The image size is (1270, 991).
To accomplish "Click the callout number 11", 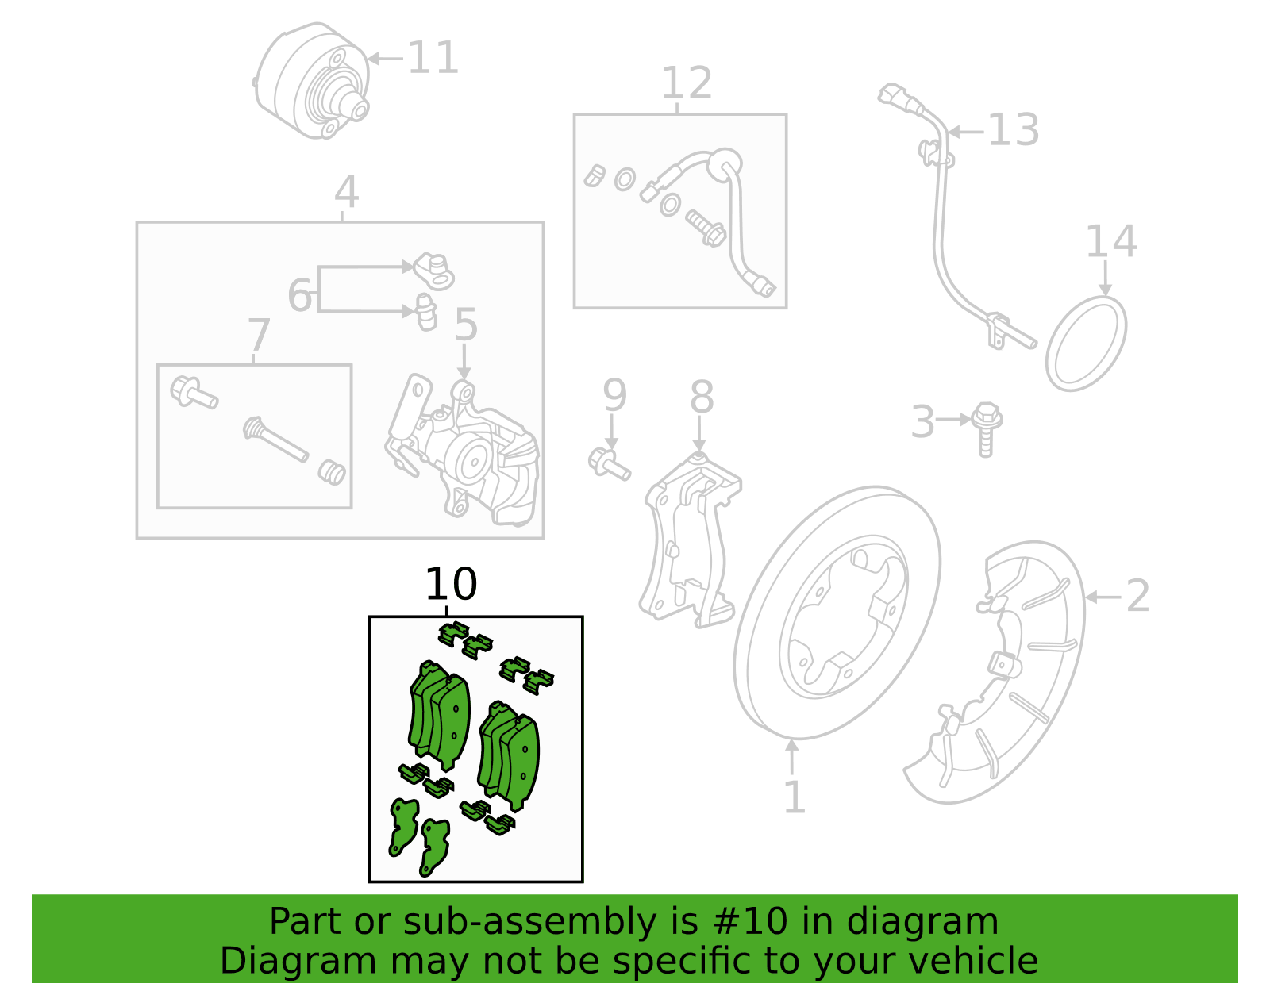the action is [x=433, y=58].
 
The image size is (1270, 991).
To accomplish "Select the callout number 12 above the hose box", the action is [x=686, y=83].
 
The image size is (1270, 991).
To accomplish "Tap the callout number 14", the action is [x=1111, y=241].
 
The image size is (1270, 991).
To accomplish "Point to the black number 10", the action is [x=451, y=584].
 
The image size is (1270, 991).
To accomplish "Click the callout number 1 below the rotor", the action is [x=795, y=797].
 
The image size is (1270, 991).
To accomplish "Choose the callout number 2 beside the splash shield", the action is [x=1138, y=596].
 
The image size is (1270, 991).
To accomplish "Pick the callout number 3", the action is [x=923, y=421].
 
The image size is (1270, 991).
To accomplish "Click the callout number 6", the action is [x=300, y=295].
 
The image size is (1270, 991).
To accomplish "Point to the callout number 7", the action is [x=259, y=335].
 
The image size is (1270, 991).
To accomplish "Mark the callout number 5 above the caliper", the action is [x=466, y=324].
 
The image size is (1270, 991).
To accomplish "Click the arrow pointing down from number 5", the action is [x=464, y=362].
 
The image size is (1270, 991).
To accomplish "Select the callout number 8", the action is [x=702, y=397].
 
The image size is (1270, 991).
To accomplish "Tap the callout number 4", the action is [x=346, y=191].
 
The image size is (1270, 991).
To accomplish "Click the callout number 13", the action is [x=1014, y=129].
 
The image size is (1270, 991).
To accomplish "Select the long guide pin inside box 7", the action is [x=275, y=439].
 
